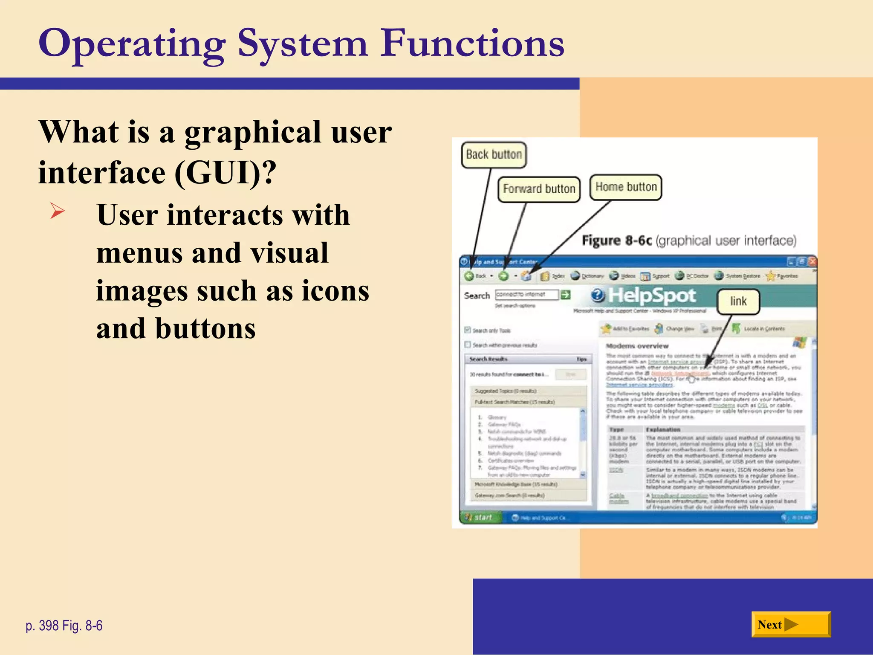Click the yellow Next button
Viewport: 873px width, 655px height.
[x=790, y=625]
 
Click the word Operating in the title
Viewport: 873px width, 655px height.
[x=132, y=44]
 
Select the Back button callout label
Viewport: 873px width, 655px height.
[x=494, y=155]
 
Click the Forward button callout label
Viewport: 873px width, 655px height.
[x=539, y=189]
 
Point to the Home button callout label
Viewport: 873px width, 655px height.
[x=626, y=187]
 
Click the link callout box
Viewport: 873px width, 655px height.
[x=738, y=301]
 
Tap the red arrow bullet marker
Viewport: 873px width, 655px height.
[x=57, y=212]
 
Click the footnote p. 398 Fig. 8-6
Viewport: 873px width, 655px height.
[x=64, y=626]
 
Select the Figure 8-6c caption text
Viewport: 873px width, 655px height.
[x=689, y=241]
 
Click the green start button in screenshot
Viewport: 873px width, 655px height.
[x=480, y=518]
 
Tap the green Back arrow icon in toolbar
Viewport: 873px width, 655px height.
[x=469, y=276]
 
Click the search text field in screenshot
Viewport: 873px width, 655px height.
[x=526, y=295]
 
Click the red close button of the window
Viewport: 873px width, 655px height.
[x=812, y=261]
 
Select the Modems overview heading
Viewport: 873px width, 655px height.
[x=637, y=346]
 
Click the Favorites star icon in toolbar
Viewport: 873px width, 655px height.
[x=770, y=276]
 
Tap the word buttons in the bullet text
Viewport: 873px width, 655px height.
[x=205, y=329]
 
